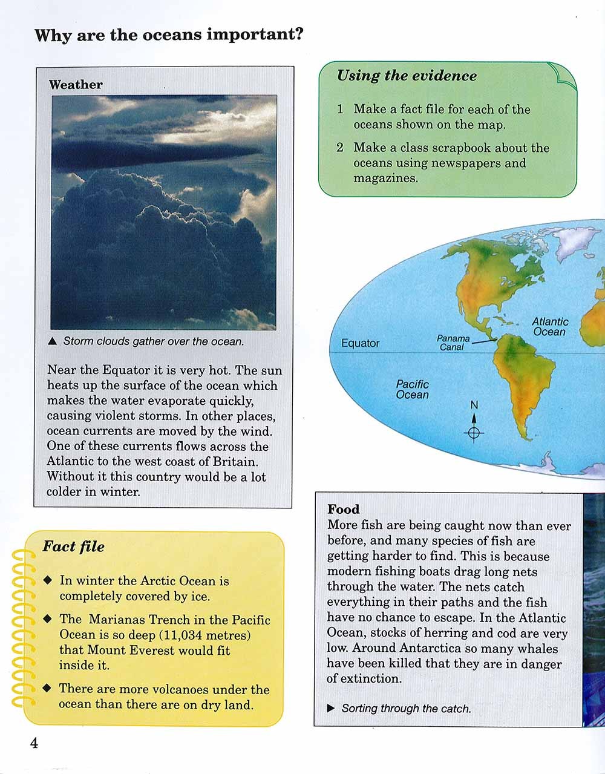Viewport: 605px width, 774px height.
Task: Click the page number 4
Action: click(34, 743)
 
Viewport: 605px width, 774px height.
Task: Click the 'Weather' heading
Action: click(76, 85)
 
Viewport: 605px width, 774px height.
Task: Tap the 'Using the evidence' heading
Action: click(407, 76)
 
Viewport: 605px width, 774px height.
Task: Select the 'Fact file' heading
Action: click(73, 547)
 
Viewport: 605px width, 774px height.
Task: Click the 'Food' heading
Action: click(343, 510)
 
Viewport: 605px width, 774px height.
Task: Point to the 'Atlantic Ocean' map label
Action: click(549, 327)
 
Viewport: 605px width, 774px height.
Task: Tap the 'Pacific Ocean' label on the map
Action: click(412, 389)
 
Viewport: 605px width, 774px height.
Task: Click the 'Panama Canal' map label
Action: click(453, 343)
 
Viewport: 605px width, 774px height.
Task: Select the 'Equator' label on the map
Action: click(360, 343)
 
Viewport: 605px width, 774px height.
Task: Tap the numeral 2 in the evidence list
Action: click(340, 148)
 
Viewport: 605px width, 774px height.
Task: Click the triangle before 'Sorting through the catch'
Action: click(331, 708)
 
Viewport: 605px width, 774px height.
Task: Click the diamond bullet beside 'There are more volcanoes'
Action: click(47, 689)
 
